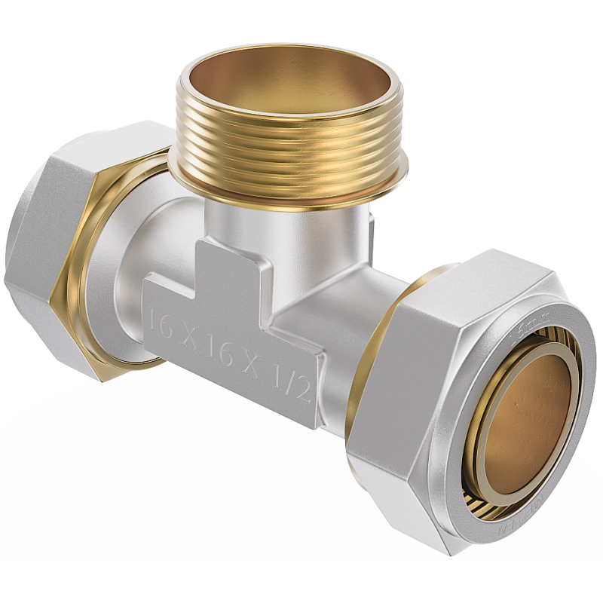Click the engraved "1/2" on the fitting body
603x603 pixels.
(x=295, y=386)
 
